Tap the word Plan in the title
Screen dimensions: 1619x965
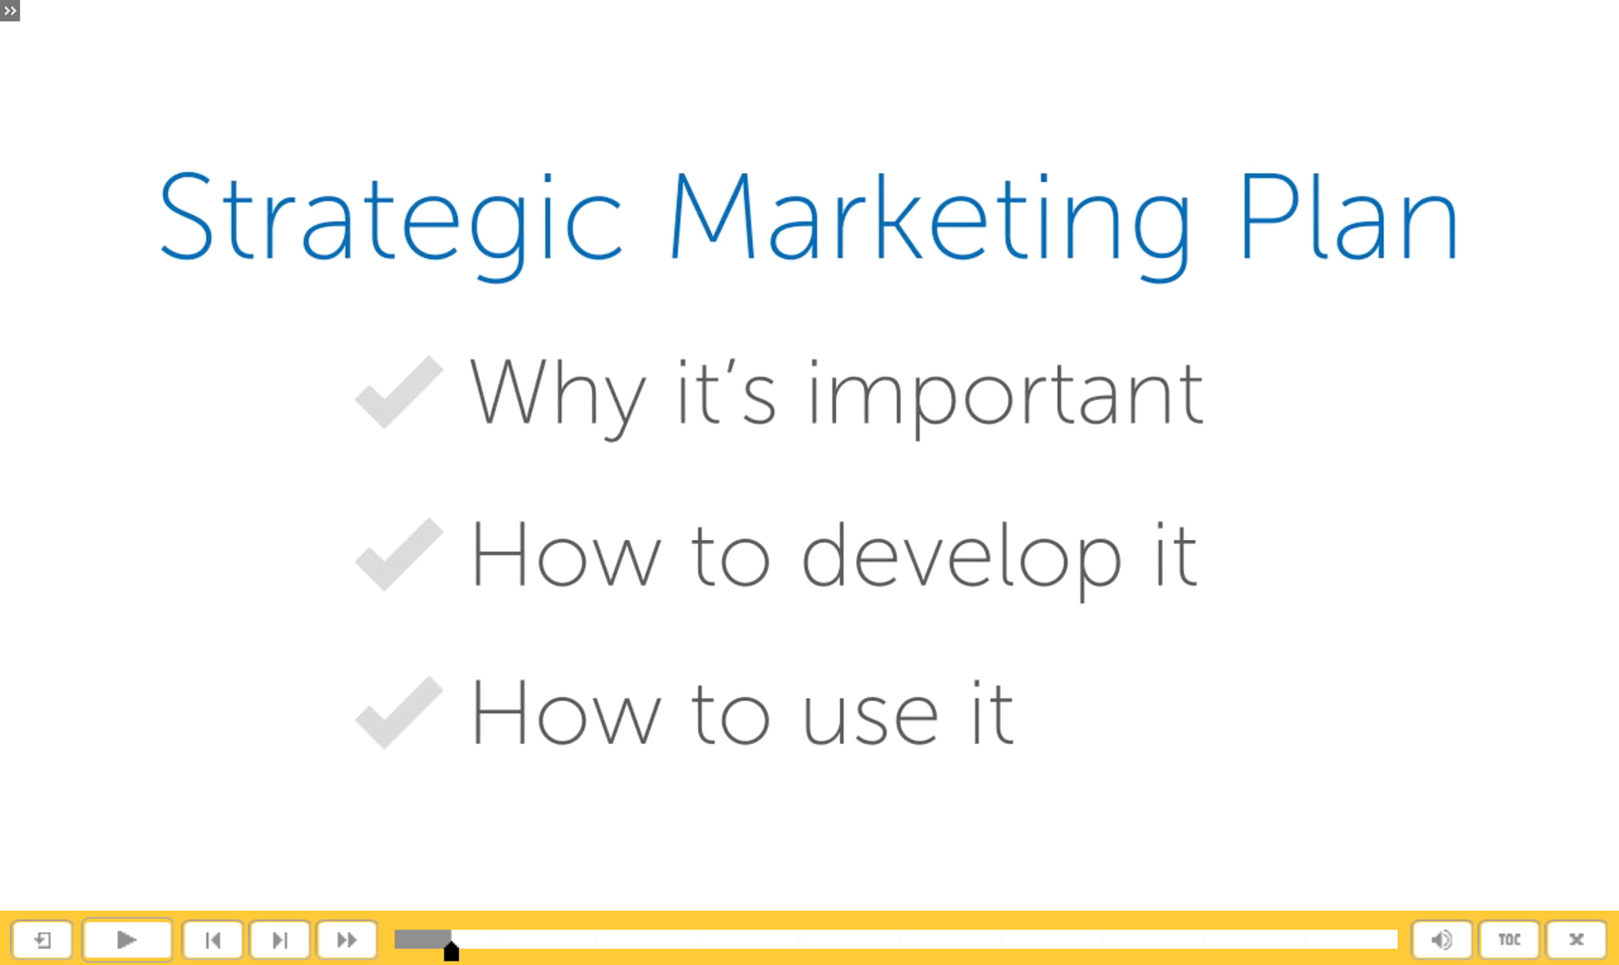coord(1348,217)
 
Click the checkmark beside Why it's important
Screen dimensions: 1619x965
coord(399,392)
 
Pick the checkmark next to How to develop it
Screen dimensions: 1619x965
coord(399,554)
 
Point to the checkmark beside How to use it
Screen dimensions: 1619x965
coord(399,713)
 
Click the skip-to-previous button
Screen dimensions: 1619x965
coord(212,940)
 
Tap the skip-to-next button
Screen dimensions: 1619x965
coord(280,940)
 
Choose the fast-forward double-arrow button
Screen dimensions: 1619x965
coord(347,940)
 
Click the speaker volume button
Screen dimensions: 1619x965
coord(1442,940)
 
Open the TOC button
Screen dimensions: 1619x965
coord(1509,940)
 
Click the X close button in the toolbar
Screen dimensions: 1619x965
coord(1576,940)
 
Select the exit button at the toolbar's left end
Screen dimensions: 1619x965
coord(42,940)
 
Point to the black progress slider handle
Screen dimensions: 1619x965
coord(451,952)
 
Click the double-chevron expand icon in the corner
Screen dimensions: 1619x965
coord(10,11)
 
